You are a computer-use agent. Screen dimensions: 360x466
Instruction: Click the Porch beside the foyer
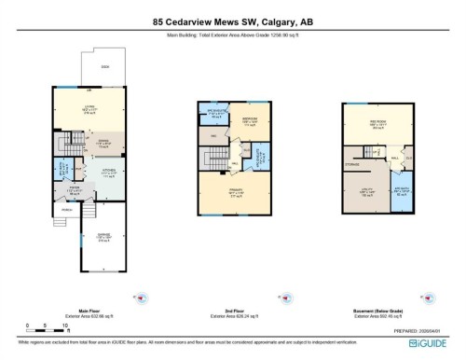67,210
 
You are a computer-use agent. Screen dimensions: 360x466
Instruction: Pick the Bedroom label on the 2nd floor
249,120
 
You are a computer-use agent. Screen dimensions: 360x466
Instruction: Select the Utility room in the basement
367,192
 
